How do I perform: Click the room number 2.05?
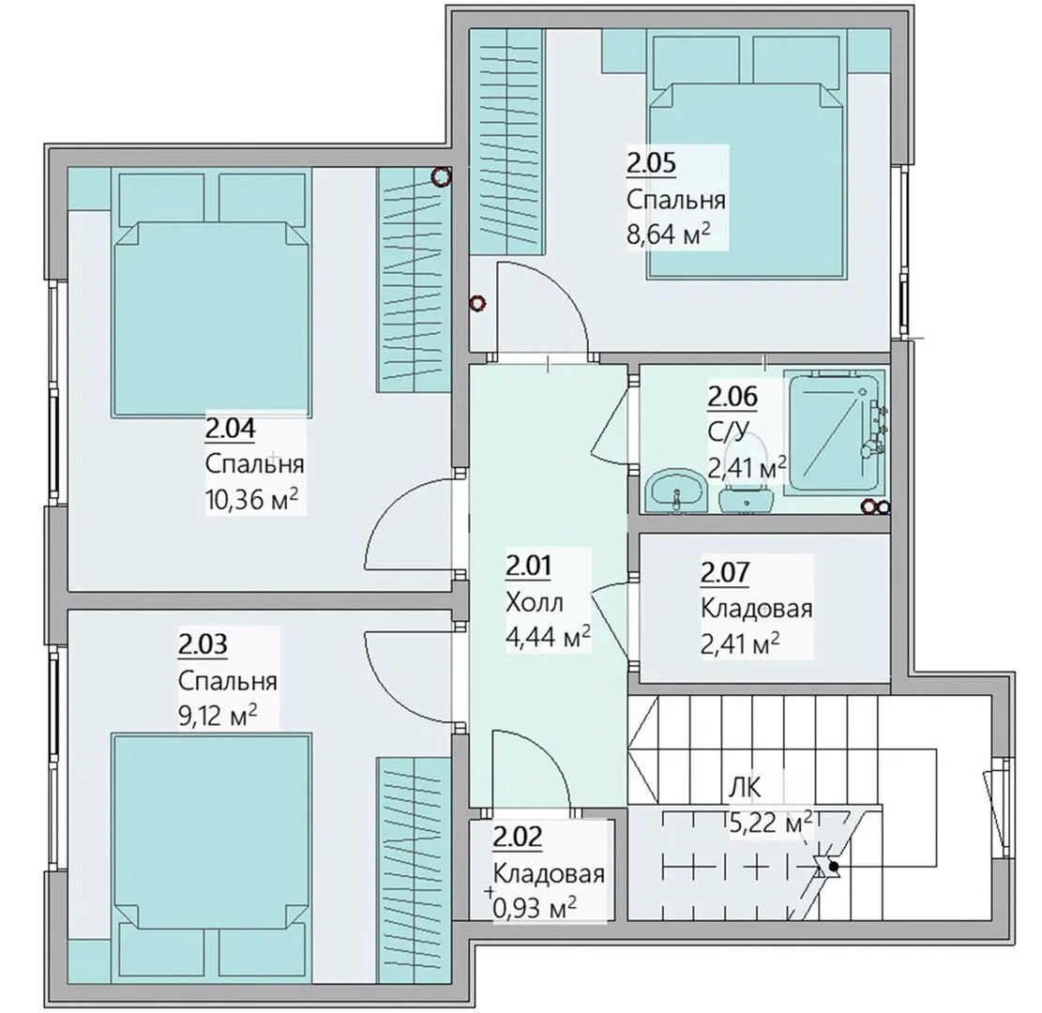coord(651,163)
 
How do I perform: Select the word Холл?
coord(535,602)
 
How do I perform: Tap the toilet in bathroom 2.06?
coord(747,491)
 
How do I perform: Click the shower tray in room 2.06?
coord(834,432)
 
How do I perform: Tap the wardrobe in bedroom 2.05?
coord(507,141)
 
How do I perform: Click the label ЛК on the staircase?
coord(745,788)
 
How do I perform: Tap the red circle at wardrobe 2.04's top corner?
coord(441,176)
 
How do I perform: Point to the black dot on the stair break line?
coord(833,867)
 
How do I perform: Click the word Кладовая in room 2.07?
coord(756,608)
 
